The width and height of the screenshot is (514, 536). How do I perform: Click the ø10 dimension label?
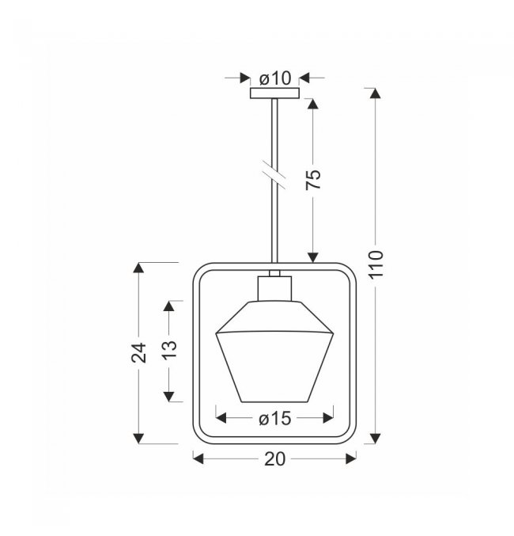click(x=275, y=78)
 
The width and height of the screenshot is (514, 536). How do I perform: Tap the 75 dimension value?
click(x=313, y=179)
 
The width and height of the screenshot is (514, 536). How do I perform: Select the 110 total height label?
click(x=376, y=264)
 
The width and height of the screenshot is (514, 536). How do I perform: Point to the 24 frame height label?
click(x=139, y=352)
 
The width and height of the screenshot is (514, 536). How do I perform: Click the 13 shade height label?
click(x=169, y=349)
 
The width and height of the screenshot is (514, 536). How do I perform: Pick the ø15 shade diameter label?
click(x=274, y=418)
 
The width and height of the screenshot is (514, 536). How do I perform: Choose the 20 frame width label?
click(x=274, y=459)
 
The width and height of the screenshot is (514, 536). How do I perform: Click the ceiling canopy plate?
click(x=274, y=93)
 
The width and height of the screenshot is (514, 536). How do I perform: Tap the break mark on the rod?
click(x=274, y=174)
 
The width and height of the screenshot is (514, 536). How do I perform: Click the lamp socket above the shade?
click(x=274, y=288)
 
